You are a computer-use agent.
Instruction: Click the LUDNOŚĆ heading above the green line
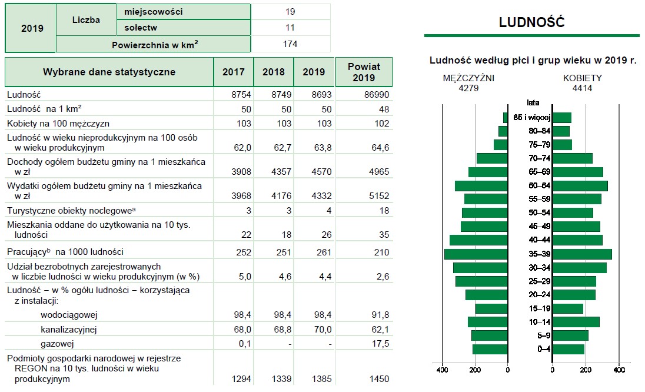click(x=531, y=22)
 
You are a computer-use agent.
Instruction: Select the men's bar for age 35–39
click(x=476, y=254)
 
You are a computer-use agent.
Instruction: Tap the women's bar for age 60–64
click(x=580, y=186)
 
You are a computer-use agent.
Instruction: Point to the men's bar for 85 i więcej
click(x=505, y=118)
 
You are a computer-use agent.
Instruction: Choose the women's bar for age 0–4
click(x=568, y=349)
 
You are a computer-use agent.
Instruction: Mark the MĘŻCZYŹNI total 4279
click(x=468, y=88)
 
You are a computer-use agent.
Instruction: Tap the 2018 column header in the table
click(x=273, y=72)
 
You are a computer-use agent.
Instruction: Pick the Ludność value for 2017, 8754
click(x=234, y=94)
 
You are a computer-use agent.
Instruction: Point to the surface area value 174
click(x=290, y=44)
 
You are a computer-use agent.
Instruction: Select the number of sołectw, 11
click(x=290, y=28)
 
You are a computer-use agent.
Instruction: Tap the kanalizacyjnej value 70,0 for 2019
click(x=314, y=330)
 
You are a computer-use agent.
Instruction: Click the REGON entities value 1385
click(x=314, y=379)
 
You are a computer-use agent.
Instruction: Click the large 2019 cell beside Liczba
click(x=31, y=28)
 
